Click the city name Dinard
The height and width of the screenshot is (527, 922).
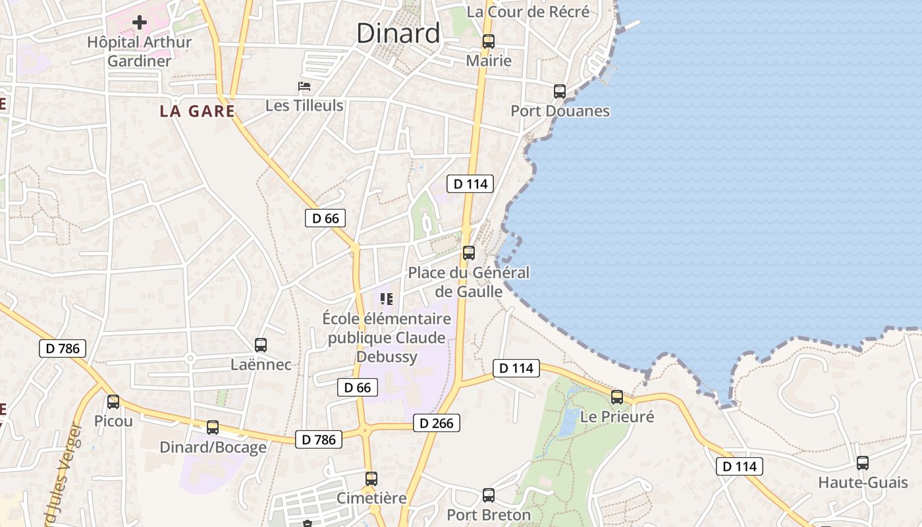coord(398,33)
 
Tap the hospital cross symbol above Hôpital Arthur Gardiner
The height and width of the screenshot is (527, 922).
coord(140,23)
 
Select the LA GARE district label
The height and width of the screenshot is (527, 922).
coord(197,111)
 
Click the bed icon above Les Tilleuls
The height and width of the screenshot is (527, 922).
coord(304,86)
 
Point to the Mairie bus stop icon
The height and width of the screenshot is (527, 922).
coord(488,41)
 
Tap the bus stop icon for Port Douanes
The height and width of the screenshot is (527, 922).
coord(560,92)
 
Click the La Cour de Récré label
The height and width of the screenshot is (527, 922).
coord(528,12)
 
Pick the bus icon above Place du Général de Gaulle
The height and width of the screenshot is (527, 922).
coord(469,252)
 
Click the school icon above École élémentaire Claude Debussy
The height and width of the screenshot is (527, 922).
coord(387,299)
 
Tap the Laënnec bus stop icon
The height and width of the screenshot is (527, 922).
coord(261,345)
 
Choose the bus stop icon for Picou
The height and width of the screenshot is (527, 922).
coord(113,401)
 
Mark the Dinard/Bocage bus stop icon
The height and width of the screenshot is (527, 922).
coord(213,428)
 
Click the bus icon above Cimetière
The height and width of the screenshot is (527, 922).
coord(371,479)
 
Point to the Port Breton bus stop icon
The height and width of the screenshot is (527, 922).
coord(489,495)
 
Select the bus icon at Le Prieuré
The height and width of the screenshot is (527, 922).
coord(617,397)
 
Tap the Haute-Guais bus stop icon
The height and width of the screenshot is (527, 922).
coord(863,463)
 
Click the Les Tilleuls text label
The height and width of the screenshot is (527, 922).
coord(304,105)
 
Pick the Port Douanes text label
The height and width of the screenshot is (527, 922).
coord(560,111)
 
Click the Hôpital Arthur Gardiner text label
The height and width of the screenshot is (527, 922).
coord(140,51)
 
